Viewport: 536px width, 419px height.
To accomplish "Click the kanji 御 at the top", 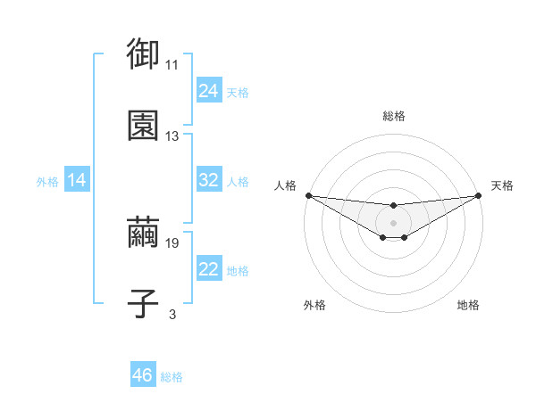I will point(143,54).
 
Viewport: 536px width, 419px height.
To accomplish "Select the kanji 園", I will point(143,126).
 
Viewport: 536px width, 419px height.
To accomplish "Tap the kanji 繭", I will point(143,233).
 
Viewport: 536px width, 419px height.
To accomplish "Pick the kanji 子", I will point(143,303).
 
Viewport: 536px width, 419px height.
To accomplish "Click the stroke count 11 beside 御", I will point(172,65).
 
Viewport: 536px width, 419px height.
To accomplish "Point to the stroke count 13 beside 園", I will point(172,136).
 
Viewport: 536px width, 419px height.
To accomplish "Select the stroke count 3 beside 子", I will point(172,314).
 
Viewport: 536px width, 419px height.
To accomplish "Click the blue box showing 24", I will point(209,91).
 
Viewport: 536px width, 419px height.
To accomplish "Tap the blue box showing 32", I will point(209,180).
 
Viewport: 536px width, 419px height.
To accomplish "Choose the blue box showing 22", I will point(209,269).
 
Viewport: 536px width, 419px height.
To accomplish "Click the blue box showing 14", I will point(77,180).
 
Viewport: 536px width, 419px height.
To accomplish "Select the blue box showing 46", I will point(143,375).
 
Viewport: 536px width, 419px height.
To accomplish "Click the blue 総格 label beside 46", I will point(172,377).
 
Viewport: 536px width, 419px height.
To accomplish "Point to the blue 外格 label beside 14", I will point(47,182).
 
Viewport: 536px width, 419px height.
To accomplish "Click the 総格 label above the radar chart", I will point(393,116).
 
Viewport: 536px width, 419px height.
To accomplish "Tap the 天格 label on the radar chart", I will point(502,185).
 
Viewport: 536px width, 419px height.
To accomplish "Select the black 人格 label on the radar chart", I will point(284,185).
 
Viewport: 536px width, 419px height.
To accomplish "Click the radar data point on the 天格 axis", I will point(478,195).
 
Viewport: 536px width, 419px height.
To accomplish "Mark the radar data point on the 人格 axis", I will point(308,195).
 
